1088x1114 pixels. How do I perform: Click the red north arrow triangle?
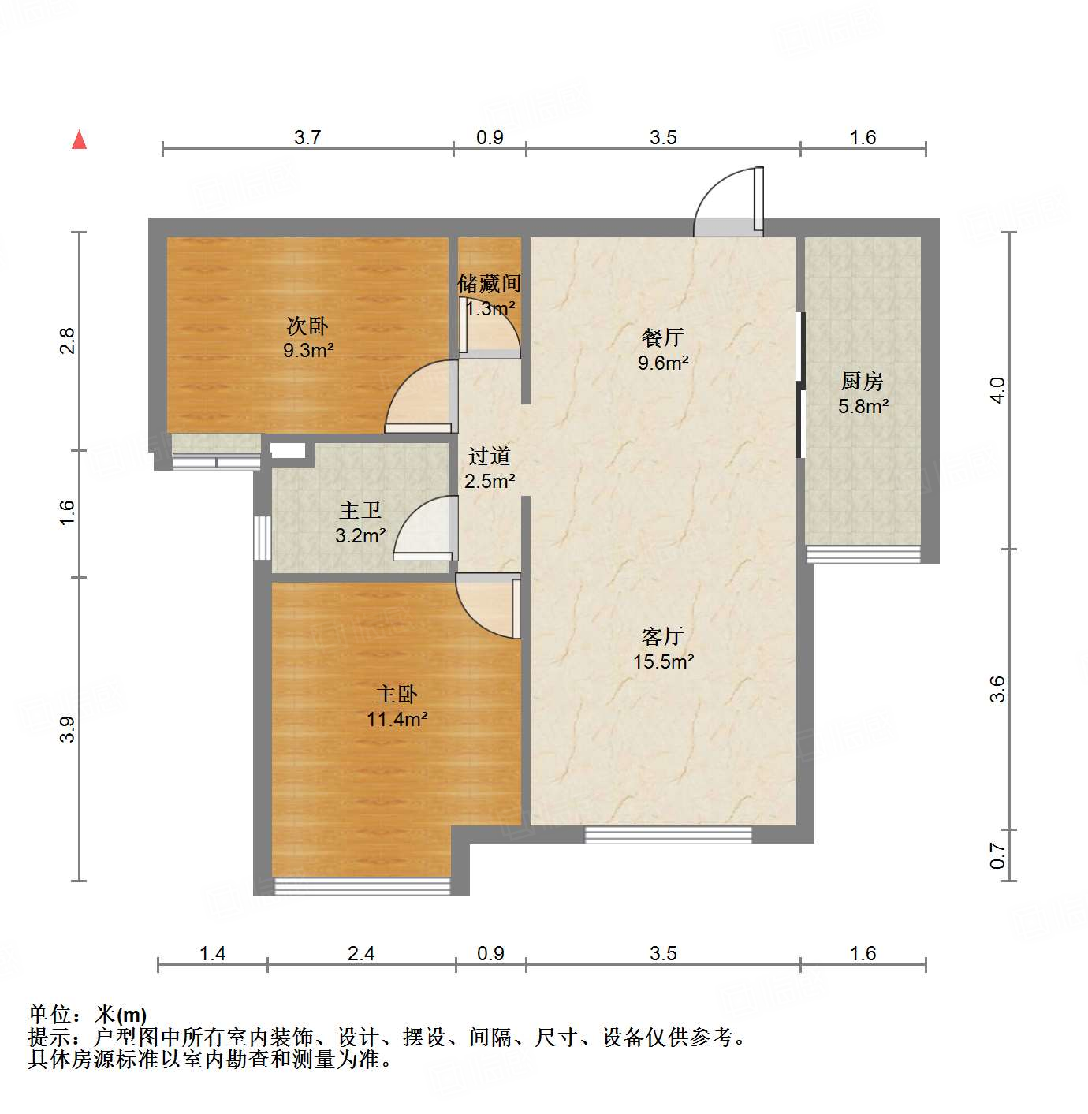click(x=79, y=140)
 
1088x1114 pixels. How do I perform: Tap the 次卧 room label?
click(x=307, y=326)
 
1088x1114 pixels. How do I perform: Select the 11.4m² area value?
click(x=397, y=719)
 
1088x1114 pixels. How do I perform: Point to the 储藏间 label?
click(x=489, y=283)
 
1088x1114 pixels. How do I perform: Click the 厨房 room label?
click(x=862, y=382)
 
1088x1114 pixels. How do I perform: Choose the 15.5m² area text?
click(x=663, y=661)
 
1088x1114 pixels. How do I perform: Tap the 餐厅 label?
click(x=662, y=337)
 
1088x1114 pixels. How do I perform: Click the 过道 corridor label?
click(x=489, y=456)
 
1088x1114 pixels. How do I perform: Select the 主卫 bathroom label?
click(x=360, y=511)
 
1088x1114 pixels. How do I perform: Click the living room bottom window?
click(x=668, y=834)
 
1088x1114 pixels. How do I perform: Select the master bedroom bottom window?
click(x=362, y=886)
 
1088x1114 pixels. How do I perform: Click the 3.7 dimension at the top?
click(x=307, y=137)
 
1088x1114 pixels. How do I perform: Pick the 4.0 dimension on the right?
click(x=997, y=390)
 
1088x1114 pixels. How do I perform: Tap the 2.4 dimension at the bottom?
click(x=361, y=953)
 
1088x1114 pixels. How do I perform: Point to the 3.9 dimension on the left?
click(x=68, y=728)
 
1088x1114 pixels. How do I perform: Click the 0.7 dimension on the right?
click(x=997, y=855)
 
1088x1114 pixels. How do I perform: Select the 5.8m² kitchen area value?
click(x=863, y=407)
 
